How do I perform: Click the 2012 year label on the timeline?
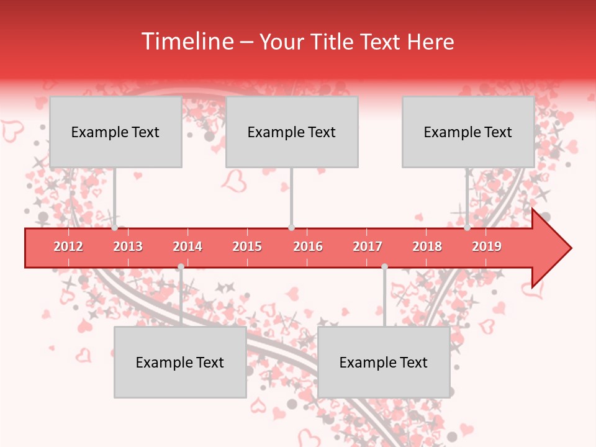click(x=68, y=246)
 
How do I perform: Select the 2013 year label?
click(x=128, y=246)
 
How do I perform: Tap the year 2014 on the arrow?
click(x=187, y=246)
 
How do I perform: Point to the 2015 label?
click(x=247, y=246)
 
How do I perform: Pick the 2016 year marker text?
click(x=308, y=246)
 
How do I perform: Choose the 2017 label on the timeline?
click(x=368, y=246)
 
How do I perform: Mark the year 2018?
click(x=427, y=246)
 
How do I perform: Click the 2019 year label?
click(x=487, y=246)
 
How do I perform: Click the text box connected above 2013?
click(x=115, y=132)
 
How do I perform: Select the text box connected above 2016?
click(x=292, y=132)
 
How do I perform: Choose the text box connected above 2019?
click(x=468, y=132)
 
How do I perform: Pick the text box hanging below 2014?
click(x=180, y=362)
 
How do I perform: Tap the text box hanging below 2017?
click(x=384, y=362)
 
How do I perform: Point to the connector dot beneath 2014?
click(x=181, y=266)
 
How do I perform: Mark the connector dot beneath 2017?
click(x=384, y=266)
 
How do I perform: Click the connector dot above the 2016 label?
click(x=291, y=228)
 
